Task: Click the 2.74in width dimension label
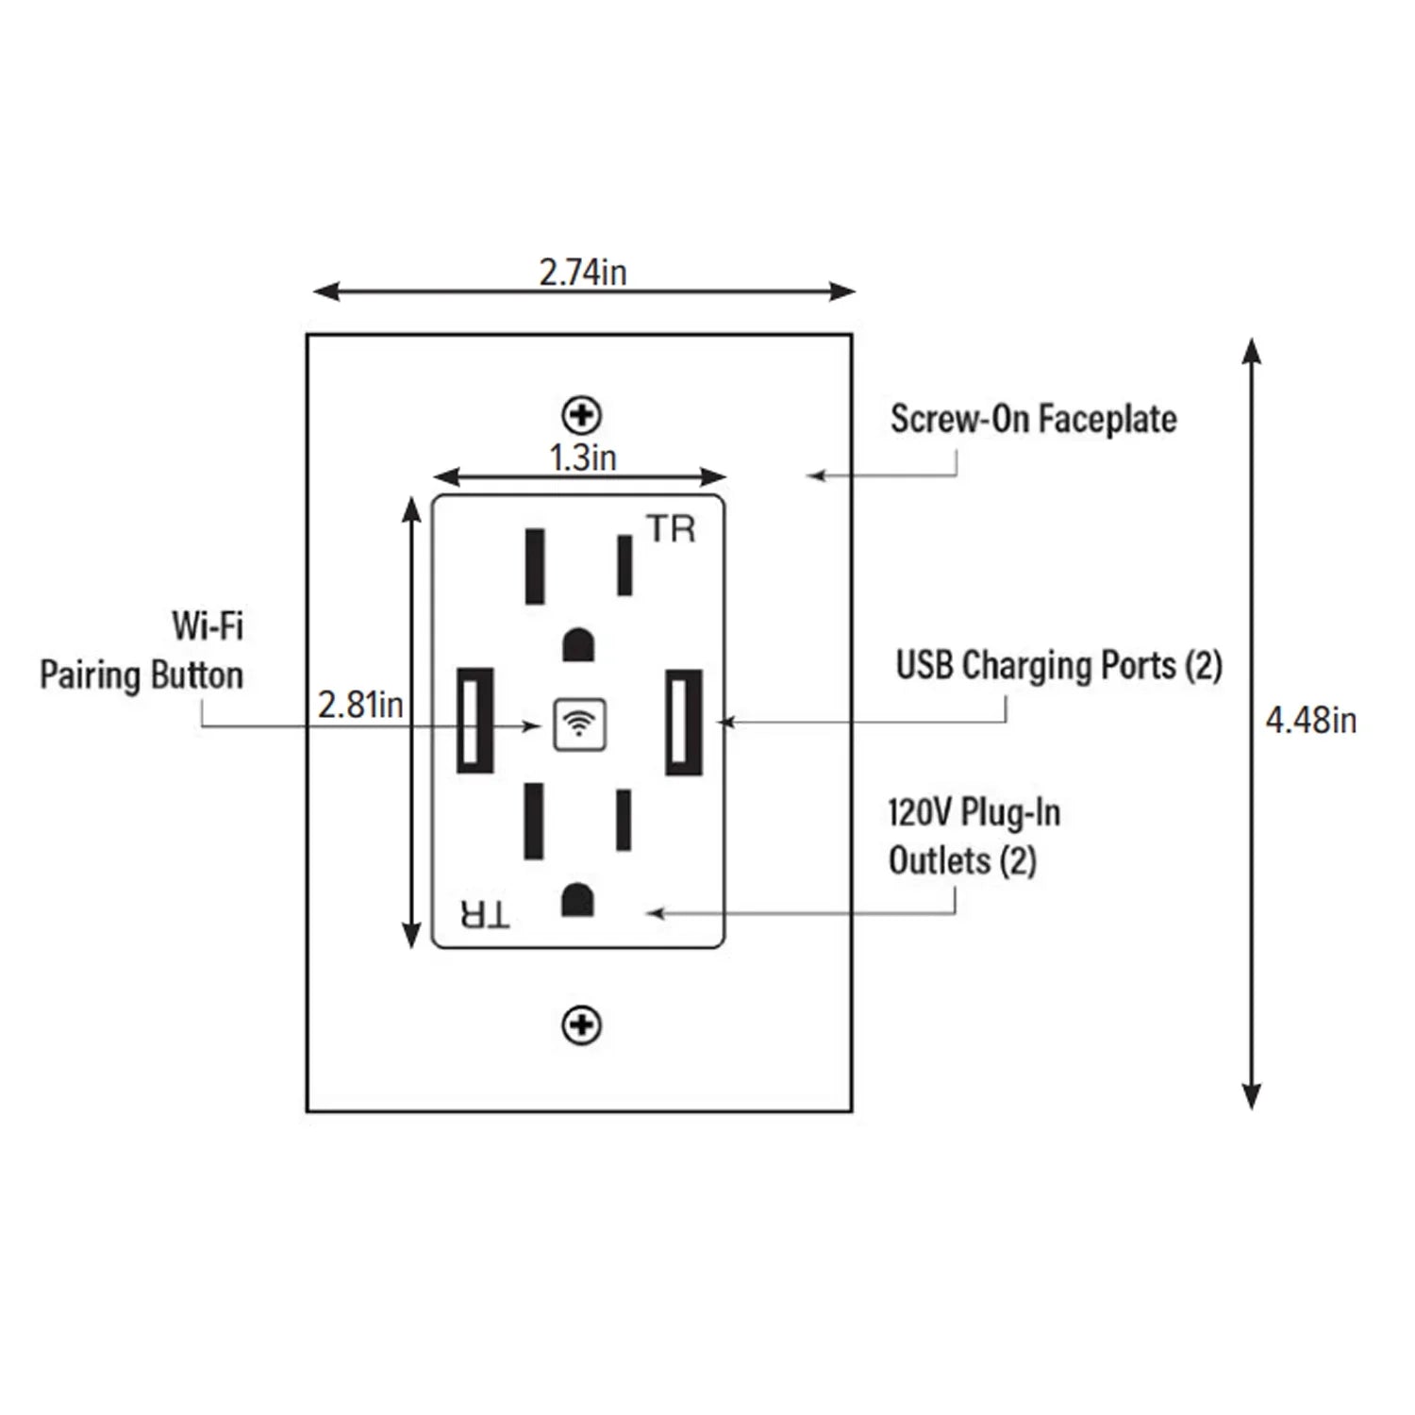pyautogui.click(x=582, y=273)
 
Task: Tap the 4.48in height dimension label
pyautogui.click(x=1310, y=721)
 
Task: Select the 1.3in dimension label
pyautogui.click(x=583, y=458)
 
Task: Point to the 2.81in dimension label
pyautogui.click(x=360, y=705)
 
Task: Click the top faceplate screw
pyautogui.click(x=581, y=414)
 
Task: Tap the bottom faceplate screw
pyautogui.click(x=581, y=1024)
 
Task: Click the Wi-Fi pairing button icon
pyautogui.click(x=579, y=724)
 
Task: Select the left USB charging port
pyautogui.click(x=474, y=721)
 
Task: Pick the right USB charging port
pyautogui.click(x=683, y=722)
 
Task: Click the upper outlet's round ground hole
pyautogui.click(x=578, y=645)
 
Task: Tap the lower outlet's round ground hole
pyautogui.click(x=577, y=900)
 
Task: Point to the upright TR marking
pyautogui.click(x=671, y=529)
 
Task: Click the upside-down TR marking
pyautogui.click(x=485, y=914)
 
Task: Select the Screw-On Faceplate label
pyautogui.click(x=1033, y=420)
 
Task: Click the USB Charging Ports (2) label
pyautogui.click(x=1058, y=666)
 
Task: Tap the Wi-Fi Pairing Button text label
pyautogui.click(x=141, y=651)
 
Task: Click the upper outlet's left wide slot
pyautogui.click(x=535, y=566)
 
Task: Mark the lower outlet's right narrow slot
pyautogui.click(x=624, y=820)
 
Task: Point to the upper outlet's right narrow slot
pyautogui.click(x=624, y=565)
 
